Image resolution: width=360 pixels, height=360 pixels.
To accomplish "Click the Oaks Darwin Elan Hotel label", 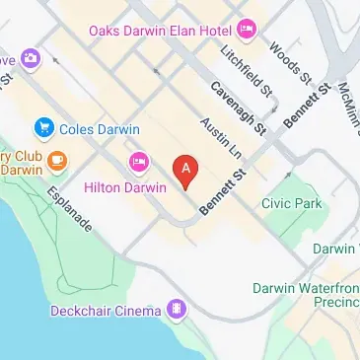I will (160, 30).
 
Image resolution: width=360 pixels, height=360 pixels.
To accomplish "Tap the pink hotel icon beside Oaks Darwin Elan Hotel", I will (247, 29).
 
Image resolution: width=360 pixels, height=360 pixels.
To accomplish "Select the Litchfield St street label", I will (247, 70).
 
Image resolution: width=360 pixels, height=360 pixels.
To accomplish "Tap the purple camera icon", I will (31, 59).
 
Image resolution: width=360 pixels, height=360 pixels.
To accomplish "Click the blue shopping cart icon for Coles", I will (43, 128).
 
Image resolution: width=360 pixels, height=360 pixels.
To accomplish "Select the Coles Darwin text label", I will (99, 128).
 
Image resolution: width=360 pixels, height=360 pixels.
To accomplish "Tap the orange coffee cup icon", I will (56, 160).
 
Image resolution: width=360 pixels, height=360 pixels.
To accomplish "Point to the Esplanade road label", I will (70, 209).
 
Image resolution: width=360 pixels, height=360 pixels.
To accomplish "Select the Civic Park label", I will (292, 202).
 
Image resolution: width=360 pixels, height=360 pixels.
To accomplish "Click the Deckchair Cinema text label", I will (106, 312).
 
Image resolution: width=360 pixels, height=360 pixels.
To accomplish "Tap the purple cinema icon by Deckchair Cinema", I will (176, 311).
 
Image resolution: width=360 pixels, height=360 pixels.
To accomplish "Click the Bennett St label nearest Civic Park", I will (222, 192).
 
